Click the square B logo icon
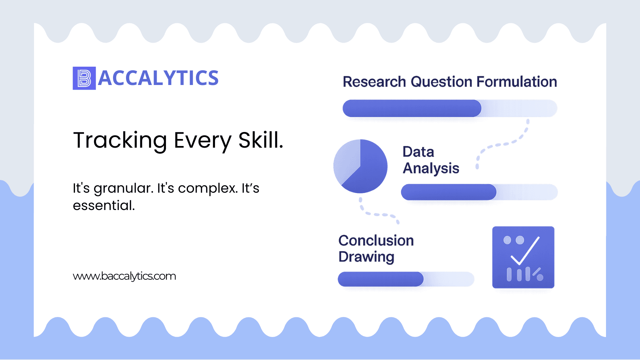84,78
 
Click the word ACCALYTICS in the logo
158,78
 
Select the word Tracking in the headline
120,141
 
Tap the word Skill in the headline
261,140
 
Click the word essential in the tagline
104,205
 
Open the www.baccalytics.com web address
124,276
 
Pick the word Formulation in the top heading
517,82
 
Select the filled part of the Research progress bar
412,108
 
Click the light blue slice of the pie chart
346,161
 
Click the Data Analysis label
431,160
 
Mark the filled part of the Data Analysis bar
449,192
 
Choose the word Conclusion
376,240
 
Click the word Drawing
366,257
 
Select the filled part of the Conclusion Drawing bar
381,279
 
